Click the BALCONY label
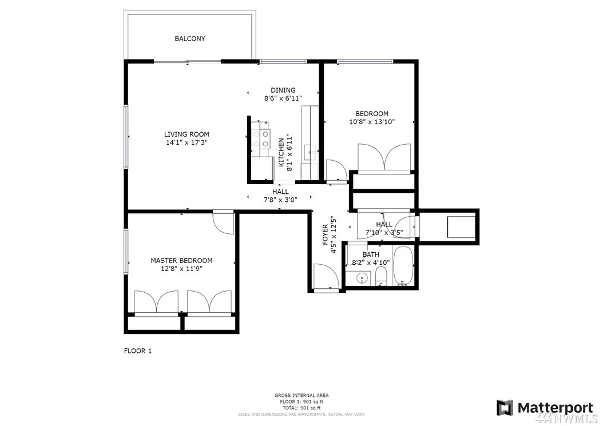pos(189,38)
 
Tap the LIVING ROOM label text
pos(187,134)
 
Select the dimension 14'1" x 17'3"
pos(187,142)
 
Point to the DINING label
pos(283,90)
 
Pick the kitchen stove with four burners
pos(260,139)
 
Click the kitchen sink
pos(310,152)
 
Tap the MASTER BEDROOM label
pos(181,260)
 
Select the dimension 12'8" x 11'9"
pos(181,269)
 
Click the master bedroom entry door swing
pos(224,222)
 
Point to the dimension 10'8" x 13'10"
pos(372,122)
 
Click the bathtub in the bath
pos(403,266)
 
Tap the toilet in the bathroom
pos(380,277)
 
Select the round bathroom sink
pos(362,278)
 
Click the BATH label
pos(371,254)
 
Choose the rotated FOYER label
pos(326,235)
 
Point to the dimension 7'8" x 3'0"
pos(280,200)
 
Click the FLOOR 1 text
pos(138,351)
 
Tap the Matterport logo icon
pos(505,408)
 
